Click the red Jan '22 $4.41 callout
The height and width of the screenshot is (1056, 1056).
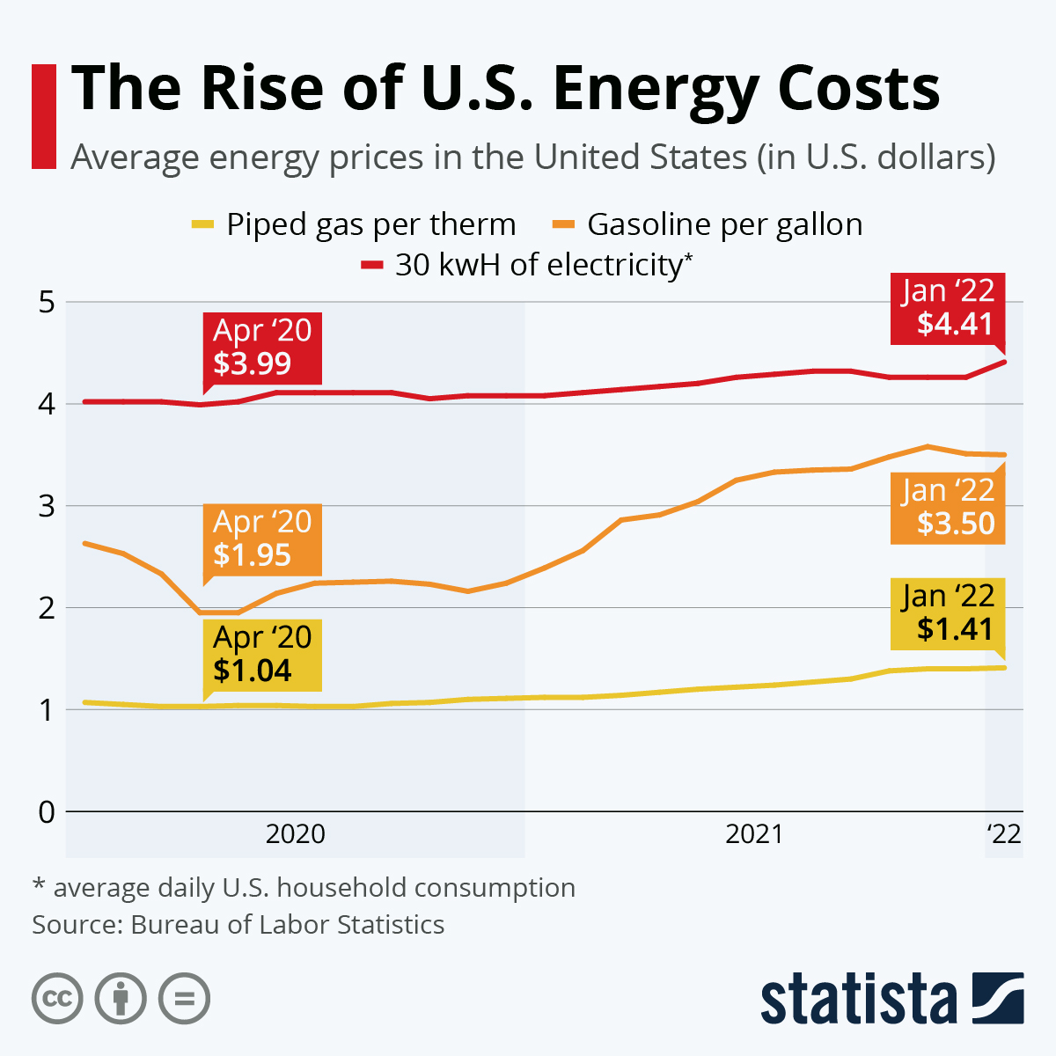(948, 308)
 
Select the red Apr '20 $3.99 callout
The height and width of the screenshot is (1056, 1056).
(262, 348)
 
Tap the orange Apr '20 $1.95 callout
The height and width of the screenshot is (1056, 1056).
(262, 539)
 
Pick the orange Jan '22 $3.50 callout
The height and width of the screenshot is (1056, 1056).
(948, 507)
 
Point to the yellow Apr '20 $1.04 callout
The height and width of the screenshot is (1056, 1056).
(262, 654)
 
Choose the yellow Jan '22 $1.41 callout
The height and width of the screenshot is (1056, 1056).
(948, 612)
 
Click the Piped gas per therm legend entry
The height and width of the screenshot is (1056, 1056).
(355, 224)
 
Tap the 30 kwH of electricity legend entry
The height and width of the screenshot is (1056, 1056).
(528, 265)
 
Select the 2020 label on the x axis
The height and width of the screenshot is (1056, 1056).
(296, 833)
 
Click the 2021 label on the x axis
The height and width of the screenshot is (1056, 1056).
(754, 833)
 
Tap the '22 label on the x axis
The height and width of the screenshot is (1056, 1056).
(1004, 833)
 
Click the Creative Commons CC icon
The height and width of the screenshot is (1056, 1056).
(57, 999)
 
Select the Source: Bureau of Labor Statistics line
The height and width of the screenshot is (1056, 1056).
(238, 925)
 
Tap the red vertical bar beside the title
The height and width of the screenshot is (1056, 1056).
(44, 116)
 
